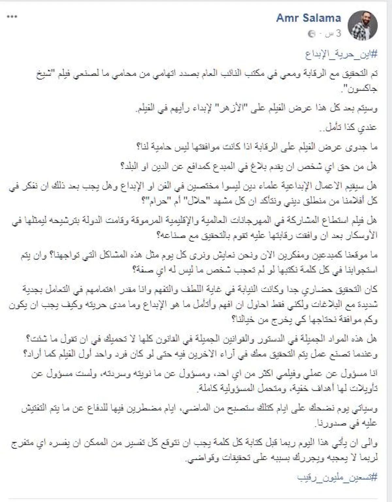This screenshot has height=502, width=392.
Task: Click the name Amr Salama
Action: [x=308, y=18]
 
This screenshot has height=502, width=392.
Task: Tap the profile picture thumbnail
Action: [x=362, y=26]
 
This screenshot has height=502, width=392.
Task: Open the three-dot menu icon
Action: [x=12, y=16]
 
